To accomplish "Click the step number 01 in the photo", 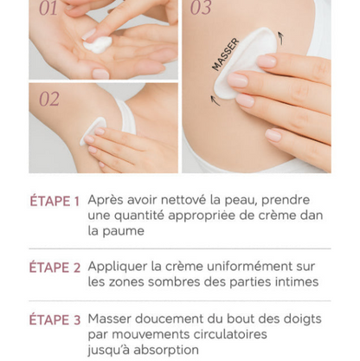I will pyautogui.click(x=48, y=10).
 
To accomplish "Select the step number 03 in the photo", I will pyautogui.click(x=201, y=10).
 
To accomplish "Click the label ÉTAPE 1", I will pyautogui.click(x=55, y=201).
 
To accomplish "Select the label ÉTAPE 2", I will pyautogui.click(x=55, y=268).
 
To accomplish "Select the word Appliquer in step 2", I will pyautogui.click(x=118, y=267).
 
